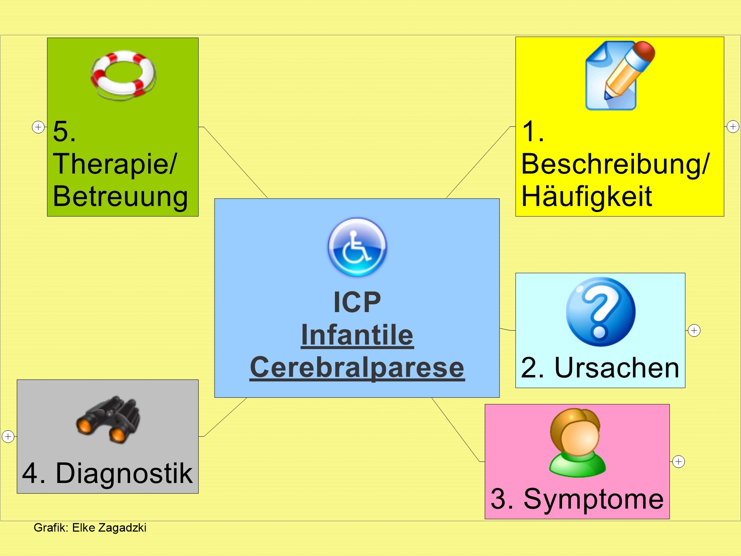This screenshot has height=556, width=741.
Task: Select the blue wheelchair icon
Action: coord(357,246)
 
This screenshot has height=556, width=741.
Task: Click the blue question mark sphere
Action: coord(601,312)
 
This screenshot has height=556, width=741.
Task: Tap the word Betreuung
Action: coord(120,196)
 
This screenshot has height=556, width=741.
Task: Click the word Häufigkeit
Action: coord(587,196)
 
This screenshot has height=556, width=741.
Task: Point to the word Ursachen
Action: coord(617,368)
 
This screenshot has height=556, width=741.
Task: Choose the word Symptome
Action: coord(594,499)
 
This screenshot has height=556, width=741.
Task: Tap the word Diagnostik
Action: coord(124,473)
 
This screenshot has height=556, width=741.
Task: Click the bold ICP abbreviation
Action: coord(357,302)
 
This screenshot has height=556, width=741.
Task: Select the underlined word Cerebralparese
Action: coord(357,367)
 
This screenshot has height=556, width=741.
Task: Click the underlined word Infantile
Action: coord(357,335)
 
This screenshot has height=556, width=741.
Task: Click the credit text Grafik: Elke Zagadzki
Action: coord(90,527)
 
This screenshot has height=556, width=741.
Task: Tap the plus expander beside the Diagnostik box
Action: coord(8,436)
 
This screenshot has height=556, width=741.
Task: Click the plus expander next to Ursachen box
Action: coord(694,330)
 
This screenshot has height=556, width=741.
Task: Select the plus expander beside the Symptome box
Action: coord(678,461)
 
